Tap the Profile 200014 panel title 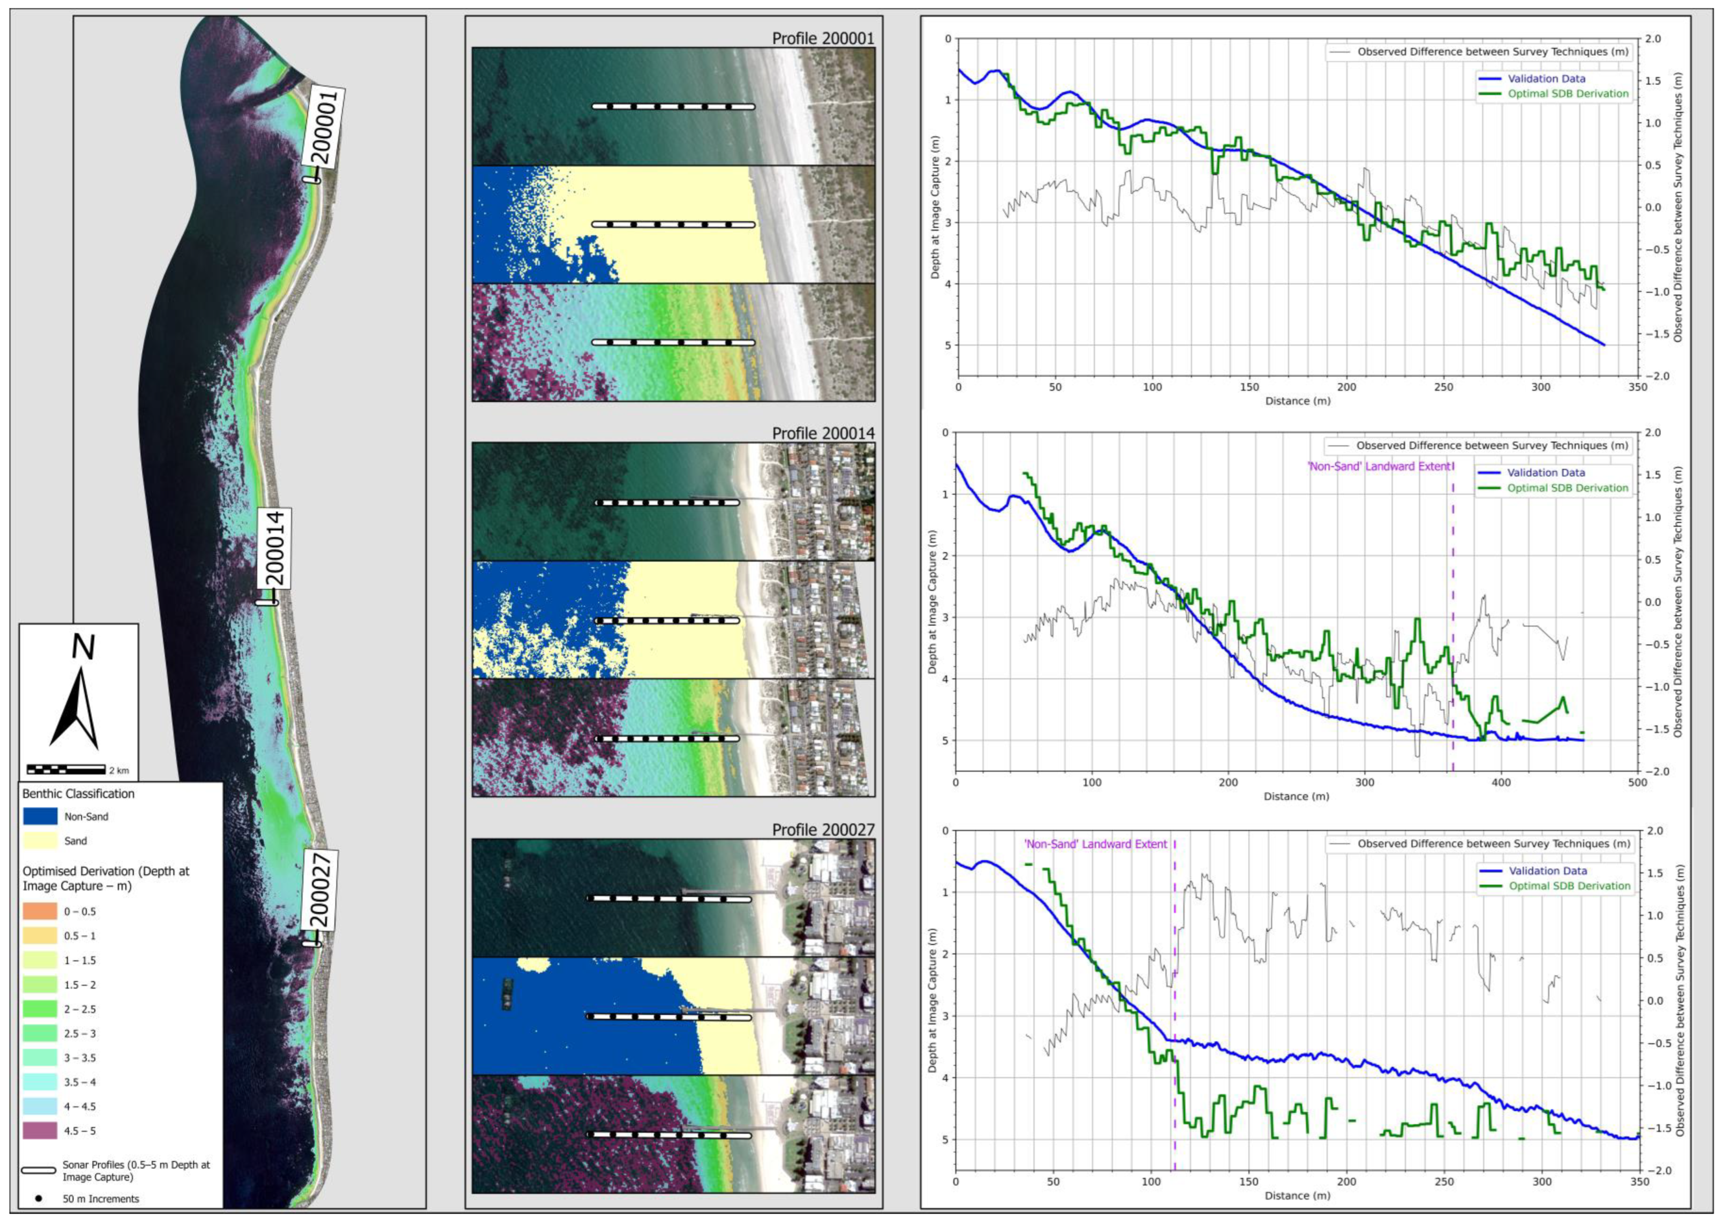click(823, 433)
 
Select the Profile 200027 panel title click(823, 829)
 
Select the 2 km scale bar click(66, 769)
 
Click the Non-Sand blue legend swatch click(40, 816)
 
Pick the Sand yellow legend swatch click(40, 841)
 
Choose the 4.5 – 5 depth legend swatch click(40, 1130)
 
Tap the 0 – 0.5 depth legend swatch click(40, 911)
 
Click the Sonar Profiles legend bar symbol click(38, 1171)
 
